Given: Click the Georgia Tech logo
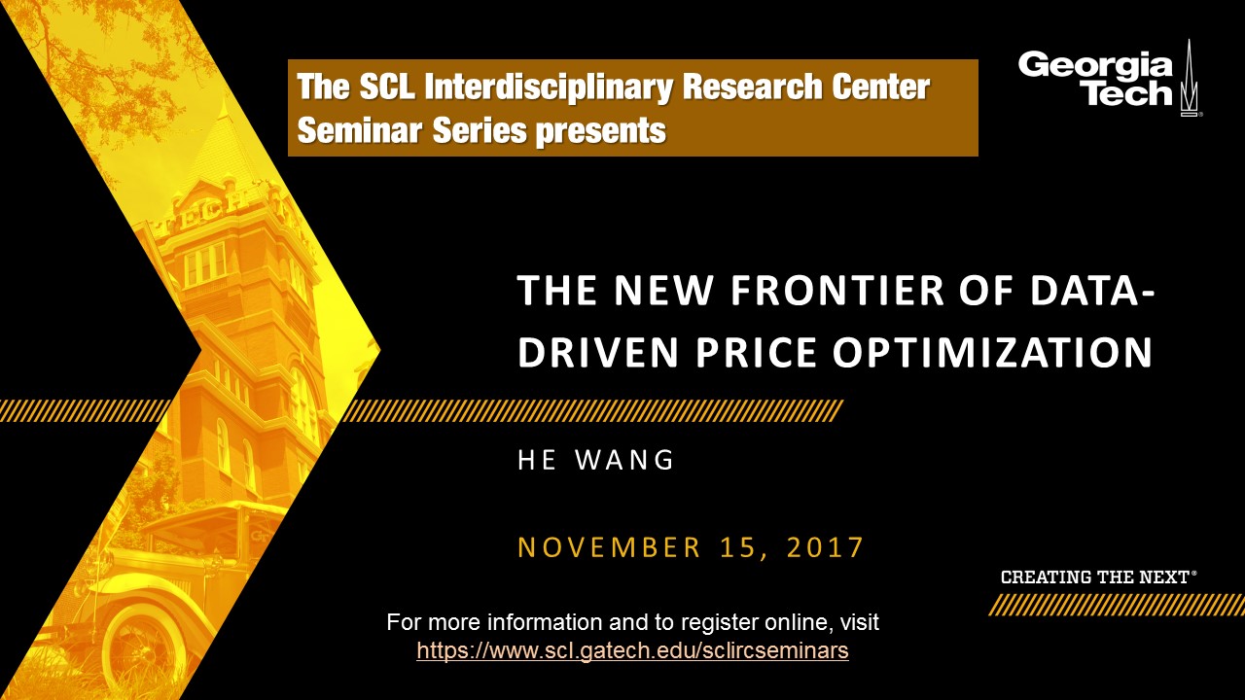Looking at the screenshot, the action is [1108, 79].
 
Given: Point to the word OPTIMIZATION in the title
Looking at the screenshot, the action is [993, 352].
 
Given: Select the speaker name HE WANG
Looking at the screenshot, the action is [596, 461].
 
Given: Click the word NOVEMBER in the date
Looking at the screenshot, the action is [609, 547].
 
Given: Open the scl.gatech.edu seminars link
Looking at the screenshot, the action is [632, 650].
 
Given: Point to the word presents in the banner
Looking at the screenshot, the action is [601, 132].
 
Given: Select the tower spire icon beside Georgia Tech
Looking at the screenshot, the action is [1189, 79].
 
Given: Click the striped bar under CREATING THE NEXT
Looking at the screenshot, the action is [1116, 606].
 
